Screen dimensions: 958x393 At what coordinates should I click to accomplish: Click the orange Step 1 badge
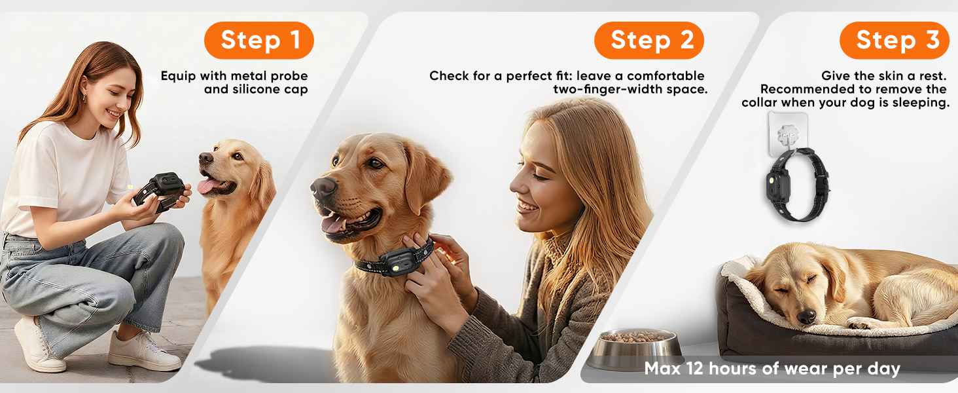tap(258, 40)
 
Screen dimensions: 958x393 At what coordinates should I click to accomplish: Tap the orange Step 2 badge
tap(648, 40)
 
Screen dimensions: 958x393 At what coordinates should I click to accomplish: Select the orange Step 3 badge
tap(895, 40)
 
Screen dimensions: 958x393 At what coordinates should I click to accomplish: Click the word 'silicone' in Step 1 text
tap(255, 89)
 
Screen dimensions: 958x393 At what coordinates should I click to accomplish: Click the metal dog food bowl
tap(635, 348)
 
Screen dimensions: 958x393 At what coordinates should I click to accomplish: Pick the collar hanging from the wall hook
tap(798, 185)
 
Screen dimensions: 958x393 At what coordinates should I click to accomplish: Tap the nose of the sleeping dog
tap(806, 316)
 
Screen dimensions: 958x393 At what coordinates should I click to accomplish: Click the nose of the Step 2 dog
tap(323, 187)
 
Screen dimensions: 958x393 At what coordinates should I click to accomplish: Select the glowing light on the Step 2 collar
tap(396, 268)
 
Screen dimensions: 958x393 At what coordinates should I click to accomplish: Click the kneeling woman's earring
tap(84, 98)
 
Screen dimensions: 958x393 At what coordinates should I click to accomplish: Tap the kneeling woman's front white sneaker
tap(144, 351)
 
